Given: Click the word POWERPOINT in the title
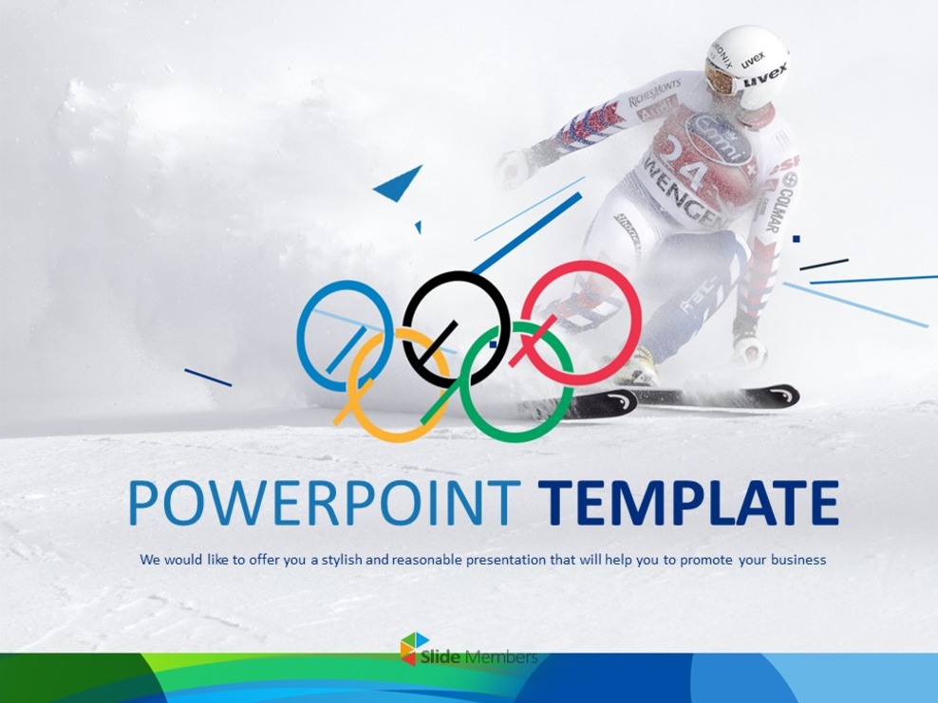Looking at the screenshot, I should pos(324,503).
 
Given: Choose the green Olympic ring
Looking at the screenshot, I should pos(566,379).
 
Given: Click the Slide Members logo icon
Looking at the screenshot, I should pos(414,648).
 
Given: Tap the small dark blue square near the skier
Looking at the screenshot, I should pos(797,238).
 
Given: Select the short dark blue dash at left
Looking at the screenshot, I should pos(208,378).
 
